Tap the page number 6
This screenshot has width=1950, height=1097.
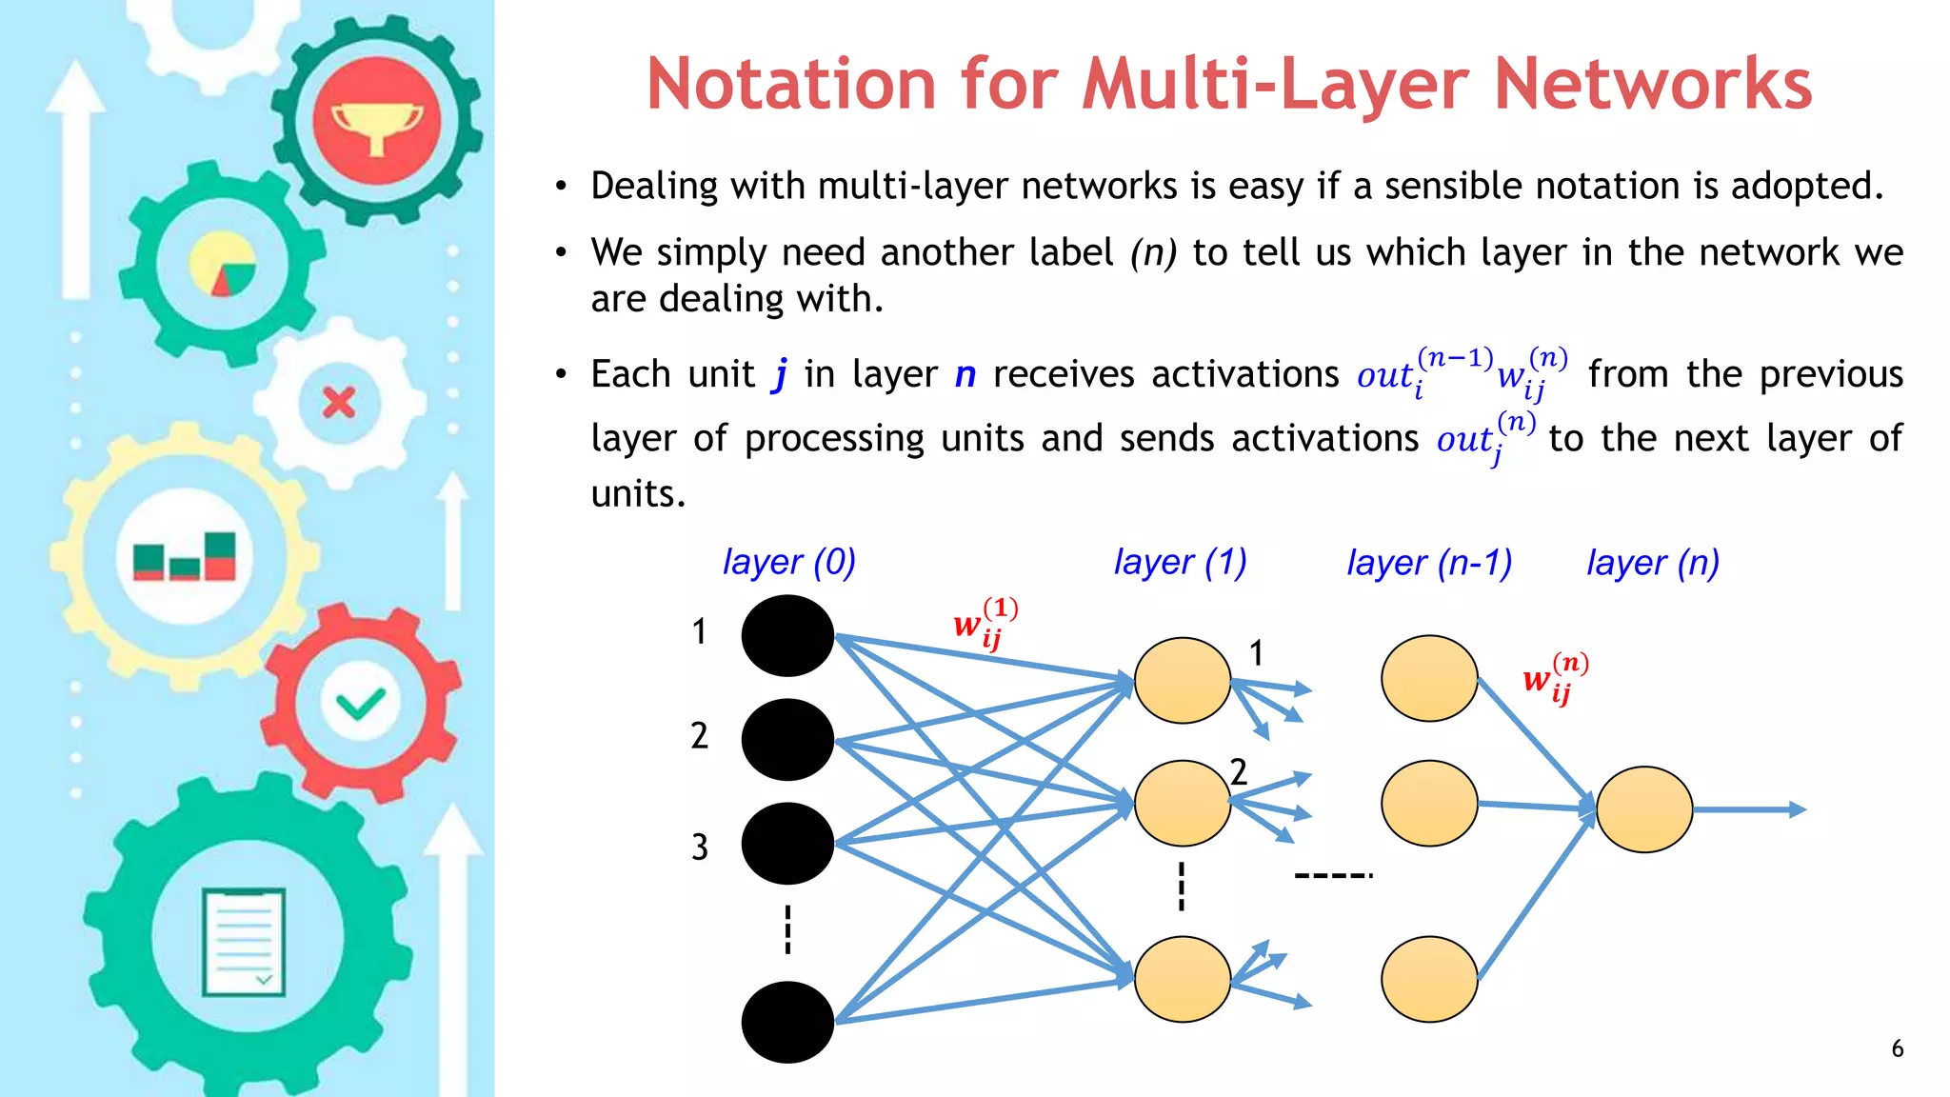coord(1897,1048)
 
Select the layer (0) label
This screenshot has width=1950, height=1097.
coord(789,562)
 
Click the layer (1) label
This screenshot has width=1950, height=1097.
coord(1180,562)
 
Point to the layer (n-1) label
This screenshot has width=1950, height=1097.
coord(1428,563)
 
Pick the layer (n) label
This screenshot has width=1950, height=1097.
coord(1652,563)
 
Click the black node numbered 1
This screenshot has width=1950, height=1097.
coord(787,635)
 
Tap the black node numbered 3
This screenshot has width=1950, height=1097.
coord(787,843)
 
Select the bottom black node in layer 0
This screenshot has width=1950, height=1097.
coord(787,1022)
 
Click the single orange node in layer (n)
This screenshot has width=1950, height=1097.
coord(1643,809)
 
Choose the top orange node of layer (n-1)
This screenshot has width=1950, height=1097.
coord(1428,678)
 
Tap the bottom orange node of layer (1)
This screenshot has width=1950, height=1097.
coord(1182,979)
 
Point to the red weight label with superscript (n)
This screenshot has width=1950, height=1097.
coord(1555,678)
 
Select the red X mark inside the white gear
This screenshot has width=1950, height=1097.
coord(338,403)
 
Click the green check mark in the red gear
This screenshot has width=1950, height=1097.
coord(360,704)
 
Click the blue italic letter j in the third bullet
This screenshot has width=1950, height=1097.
coord(781,374)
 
